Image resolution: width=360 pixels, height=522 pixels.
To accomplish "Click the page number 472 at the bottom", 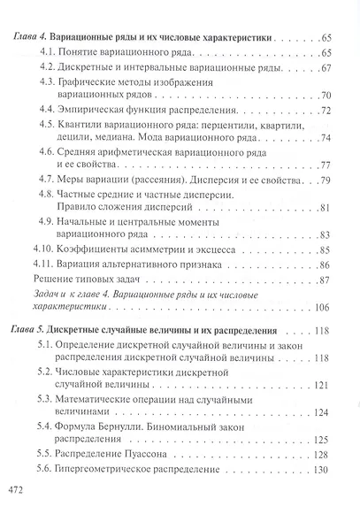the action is pos(18,487).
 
